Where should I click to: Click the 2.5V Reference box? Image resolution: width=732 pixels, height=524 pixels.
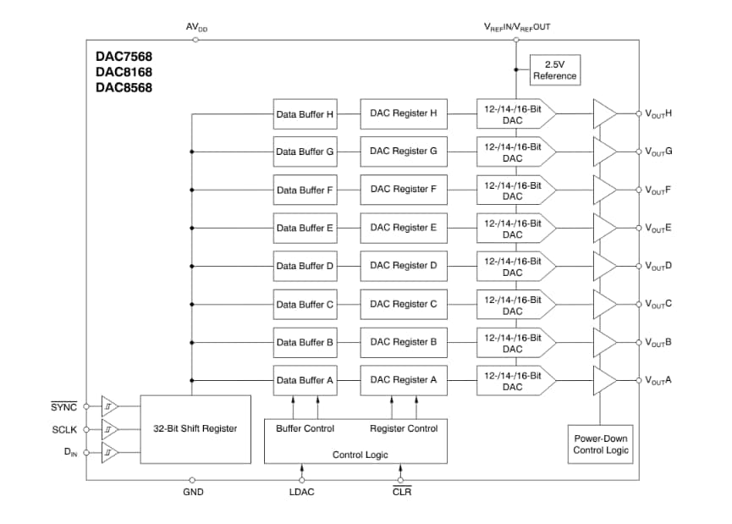(555, 70)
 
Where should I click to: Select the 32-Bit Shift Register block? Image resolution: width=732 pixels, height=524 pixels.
(195, 428)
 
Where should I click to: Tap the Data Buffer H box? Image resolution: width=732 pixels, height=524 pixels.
(305, 113)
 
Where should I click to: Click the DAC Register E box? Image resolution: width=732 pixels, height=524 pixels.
(403, 228)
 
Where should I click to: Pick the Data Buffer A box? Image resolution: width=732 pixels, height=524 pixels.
(305, 380)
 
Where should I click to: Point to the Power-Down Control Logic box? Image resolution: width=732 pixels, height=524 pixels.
(601, 444)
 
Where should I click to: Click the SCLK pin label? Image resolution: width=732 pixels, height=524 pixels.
(64, 430)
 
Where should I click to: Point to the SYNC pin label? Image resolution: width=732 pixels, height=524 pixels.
(64, 406)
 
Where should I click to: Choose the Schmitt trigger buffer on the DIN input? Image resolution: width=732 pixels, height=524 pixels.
(110, 454)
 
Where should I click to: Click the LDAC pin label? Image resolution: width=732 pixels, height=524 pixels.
(302, 493)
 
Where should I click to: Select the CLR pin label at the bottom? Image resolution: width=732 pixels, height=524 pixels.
(402, 493)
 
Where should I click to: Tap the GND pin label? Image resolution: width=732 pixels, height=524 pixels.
(193, 493)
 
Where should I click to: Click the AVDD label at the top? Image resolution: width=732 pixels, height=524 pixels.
(196, 27)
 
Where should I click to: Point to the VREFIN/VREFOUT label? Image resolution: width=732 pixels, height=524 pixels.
(517, 27)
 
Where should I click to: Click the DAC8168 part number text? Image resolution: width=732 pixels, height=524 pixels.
(124, 72)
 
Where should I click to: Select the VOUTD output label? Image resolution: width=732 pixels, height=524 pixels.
(658, 266)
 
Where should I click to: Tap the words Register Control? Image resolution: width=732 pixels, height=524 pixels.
(404, 428)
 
